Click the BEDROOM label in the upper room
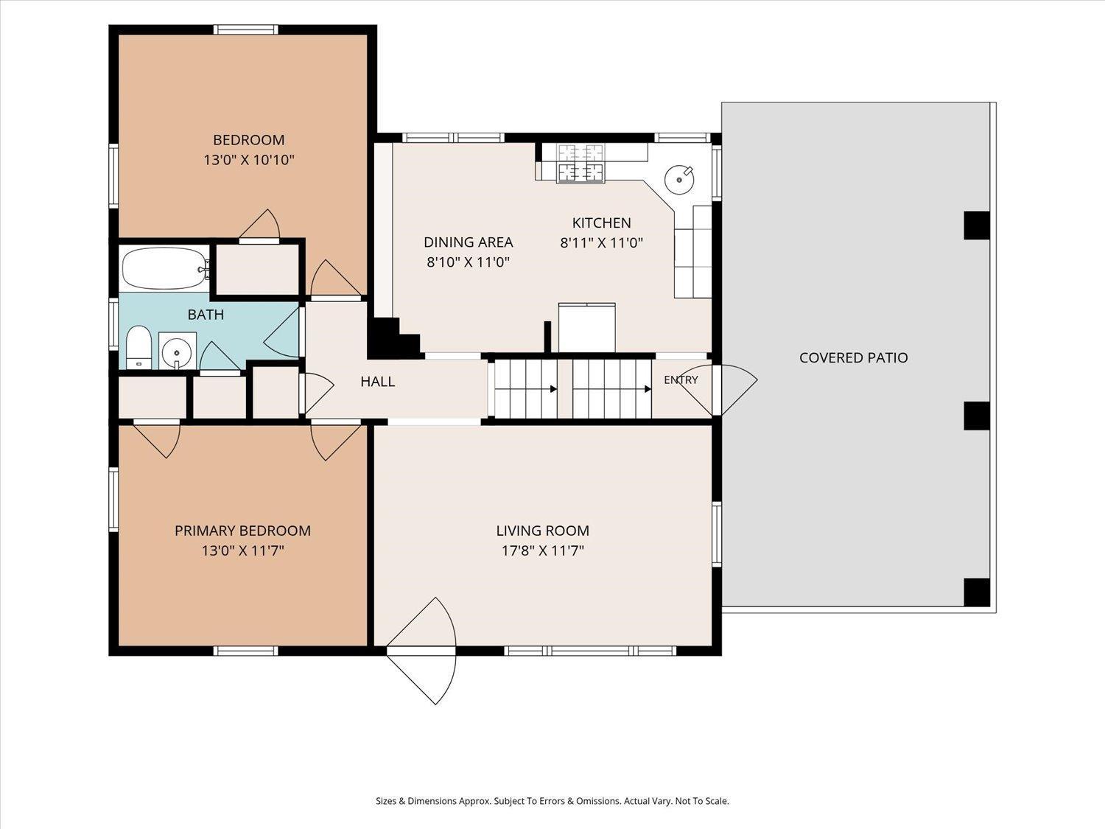click(249, 139)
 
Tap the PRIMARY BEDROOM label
click(242, 531)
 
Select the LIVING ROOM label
click(543, 531)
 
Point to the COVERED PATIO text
click(854, 358)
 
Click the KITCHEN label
click(602, 223)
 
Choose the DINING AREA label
click(469, 242)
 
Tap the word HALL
click(378, 382)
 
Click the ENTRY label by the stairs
click(681, 380)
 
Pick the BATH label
click(206, 315)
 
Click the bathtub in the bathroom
click(164, 268)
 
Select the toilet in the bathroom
click(138, 347)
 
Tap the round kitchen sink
click(680, 180)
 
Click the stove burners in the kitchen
click(580, 163)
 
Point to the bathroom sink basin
click(176, 349)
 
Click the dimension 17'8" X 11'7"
click(543, 550)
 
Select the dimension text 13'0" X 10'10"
click(249, 160)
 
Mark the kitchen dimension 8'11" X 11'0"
click(602, 243)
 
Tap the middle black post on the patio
click(977, 416)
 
